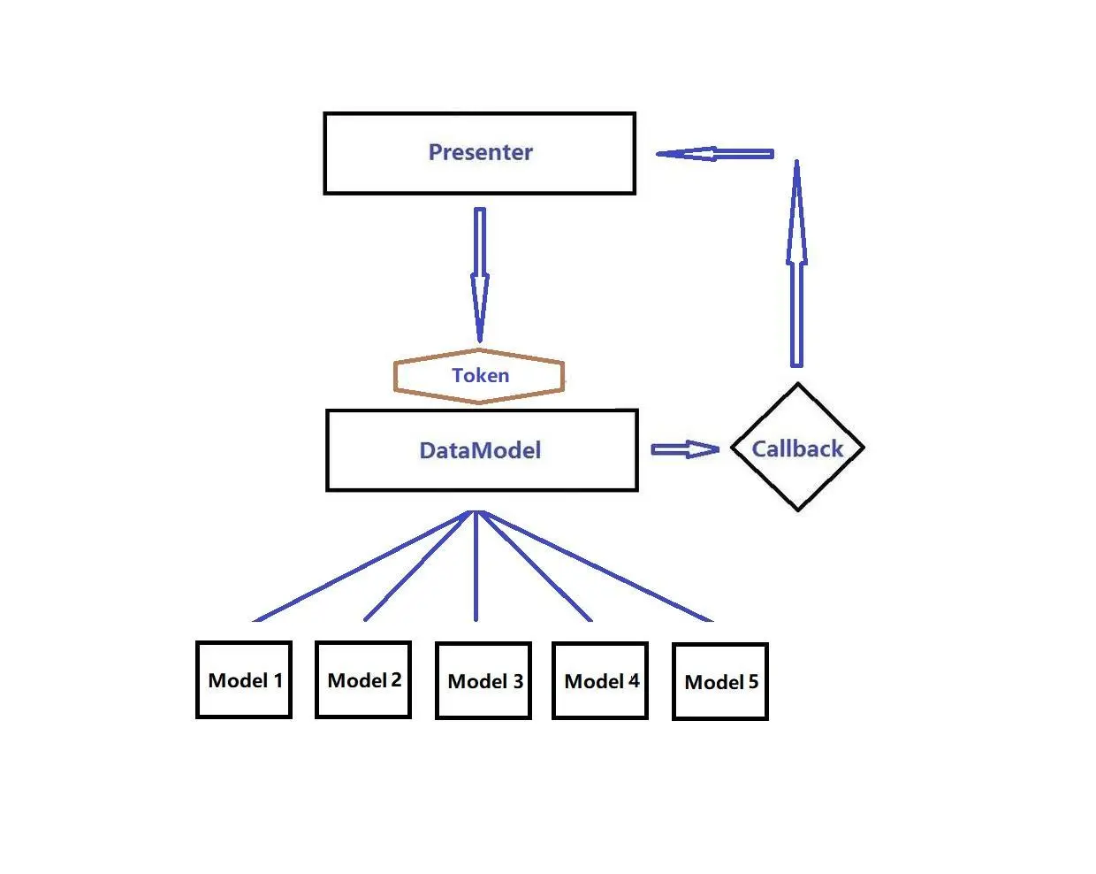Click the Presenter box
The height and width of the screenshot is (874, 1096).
coord(479,153)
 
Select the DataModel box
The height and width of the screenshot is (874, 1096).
coord(482,450)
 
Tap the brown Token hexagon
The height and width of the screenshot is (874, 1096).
coord(479,376)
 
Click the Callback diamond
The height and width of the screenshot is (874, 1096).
coord(797,448)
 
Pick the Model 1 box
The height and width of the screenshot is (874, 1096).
coord(244,680)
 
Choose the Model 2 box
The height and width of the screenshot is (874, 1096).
coord(363,680)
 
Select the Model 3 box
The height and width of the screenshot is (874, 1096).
coord(483,681)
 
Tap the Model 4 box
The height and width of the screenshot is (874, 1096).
coord(600,681)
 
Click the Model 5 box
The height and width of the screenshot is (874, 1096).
coord(720,682)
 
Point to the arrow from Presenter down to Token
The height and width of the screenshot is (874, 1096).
coord(480,274)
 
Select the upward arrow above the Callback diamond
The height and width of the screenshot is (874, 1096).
coord(796,265)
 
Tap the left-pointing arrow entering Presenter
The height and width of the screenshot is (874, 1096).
coord(714,154)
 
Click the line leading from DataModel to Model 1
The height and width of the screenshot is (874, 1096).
coord(362,567)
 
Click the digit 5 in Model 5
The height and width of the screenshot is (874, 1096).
coord(753,682)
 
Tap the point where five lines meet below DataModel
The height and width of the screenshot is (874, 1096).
coord(476,512)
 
